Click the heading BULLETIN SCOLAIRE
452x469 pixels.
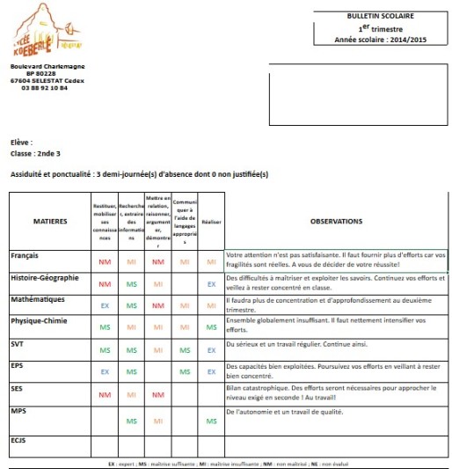381,16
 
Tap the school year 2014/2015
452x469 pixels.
381,40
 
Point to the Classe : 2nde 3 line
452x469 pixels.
35,153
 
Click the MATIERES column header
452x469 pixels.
49,222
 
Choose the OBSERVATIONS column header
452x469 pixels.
336,222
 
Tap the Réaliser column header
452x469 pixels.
211,222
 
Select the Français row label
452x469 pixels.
26,256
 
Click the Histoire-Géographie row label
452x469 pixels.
45,278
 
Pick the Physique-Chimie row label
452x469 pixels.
40,320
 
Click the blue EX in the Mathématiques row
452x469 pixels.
105,306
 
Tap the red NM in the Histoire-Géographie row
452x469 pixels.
105,284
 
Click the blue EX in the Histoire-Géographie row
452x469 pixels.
211,284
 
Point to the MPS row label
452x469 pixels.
19,411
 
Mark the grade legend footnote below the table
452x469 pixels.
226,463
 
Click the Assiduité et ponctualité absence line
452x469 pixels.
139,174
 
